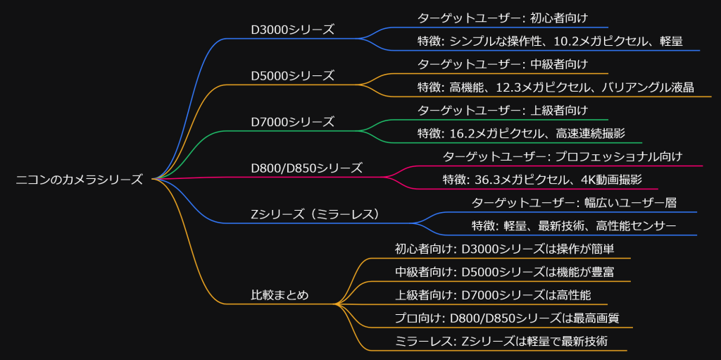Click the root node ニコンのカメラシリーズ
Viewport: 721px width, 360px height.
pos(79,180)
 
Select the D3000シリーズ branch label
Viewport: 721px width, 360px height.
pos(292,30)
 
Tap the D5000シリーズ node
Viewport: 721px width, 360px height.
pos(292,76)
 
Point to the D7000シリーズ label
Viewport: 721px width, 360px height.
pos(292,122)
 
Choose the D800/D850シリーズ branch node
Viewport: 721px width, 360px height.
pos(306,168)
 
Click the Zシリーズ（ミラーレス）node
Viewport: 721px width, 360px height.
pos(315,214)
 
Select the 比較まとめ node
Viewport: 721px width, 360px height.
pos(280,295)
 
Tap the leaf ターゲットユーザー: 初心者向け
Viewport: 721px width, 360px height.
pos(502,18)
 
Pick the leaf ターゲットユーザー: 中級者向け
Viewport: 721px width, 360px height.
pos(502,64)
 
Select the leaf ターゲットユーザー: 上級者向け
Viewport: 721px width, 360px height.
pos(502,111)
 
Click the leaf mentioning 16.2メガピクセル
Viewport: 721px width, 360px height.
pos(520,134)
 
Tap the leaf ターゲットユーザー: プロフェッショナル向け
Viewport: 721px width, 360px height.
pos(562,156)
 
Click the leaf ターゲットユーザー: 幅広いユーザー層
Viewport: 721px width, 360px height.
pos(574,203)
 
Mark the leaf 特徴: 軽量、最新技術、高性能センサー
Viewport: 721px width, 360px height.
pos(574,225)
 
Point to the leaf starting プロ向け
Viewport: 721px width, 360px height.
pos(507,318)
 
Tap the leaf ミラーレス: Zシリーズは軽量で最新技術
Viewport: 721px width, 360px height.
pos(501,342)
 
